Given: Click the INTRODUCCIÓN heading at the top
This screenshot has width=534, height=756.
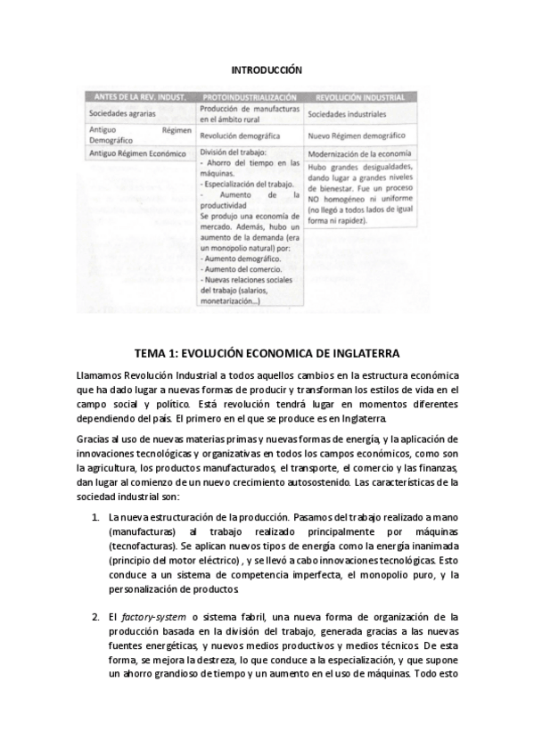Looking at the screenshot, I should [x=267, y=69].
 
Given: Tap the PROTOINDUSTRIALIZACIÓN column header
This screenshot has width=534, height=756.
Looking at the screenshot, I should [x=250, y=96].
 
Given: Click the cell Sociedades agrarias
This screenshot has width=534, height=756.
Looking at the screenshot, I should [x=122, y=114].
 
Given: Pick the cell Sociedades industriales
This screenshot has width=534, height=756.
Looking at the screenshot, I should [x=347, y=114].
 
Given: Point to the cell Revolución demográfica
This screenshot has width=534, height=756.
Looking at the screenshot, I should [x=240, y=136].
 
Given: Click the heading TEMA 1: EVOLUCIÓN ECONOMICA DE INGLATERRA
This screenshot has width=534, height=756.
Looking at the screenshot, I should [x=267, y=353].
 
